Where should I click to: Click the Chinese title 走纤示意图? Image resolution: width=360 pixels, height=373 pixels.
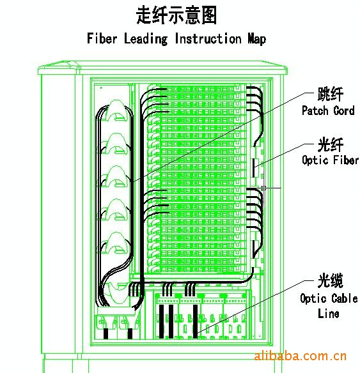pos(176,15)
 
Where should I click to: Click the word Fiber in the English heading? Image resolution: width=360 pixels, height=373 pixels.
pos(102,38)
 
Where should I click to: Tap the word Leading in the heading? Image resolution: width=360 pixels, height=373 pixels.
pos(146,39)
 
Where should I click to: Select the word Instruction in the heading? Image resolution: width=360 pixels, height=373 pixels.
pos(208,38)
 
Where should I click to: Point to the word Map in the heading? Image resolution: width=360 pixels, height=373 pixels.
pos(256,39)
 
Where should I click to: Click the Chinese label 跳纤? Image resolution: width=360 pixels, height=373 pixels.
pos(331,94)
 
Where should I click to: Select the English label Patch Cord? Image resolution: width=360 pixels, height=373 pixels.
pos(328,110)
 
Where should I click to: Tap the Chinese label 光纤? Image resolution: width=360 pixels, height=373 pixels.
pos(331,144)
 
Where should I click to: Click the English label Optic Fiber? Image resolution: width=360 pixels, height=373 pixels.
pos(330,160)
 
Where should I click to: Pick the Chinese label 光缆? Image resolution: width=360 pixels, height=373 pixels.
pos(331,280)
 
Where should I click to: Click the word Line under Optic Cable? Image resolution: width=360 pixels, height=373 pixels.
pos(328,314)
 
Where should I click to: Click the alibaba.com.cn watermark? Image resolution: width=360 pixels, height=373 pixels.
pos(300,356)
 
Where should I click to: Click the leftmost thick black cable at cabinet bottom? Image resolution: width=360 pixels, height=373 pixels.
pos(106,333)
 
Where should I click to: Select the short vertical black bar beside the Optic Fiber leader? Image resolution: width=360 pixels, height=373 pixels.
pos(254,167)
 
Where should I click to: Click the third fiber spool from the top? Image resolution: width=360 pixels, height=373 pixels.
pos(116,176)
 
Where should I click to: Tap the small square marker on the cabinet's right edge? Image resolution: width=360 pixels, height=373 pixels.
pos(263,188)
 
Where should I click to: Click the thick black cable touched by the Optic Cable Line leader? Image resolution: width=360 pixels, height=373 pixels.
pos(195,321)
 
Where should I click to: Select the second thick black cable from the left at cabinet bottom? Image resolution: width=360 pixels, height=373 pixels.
pos(130,333)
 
